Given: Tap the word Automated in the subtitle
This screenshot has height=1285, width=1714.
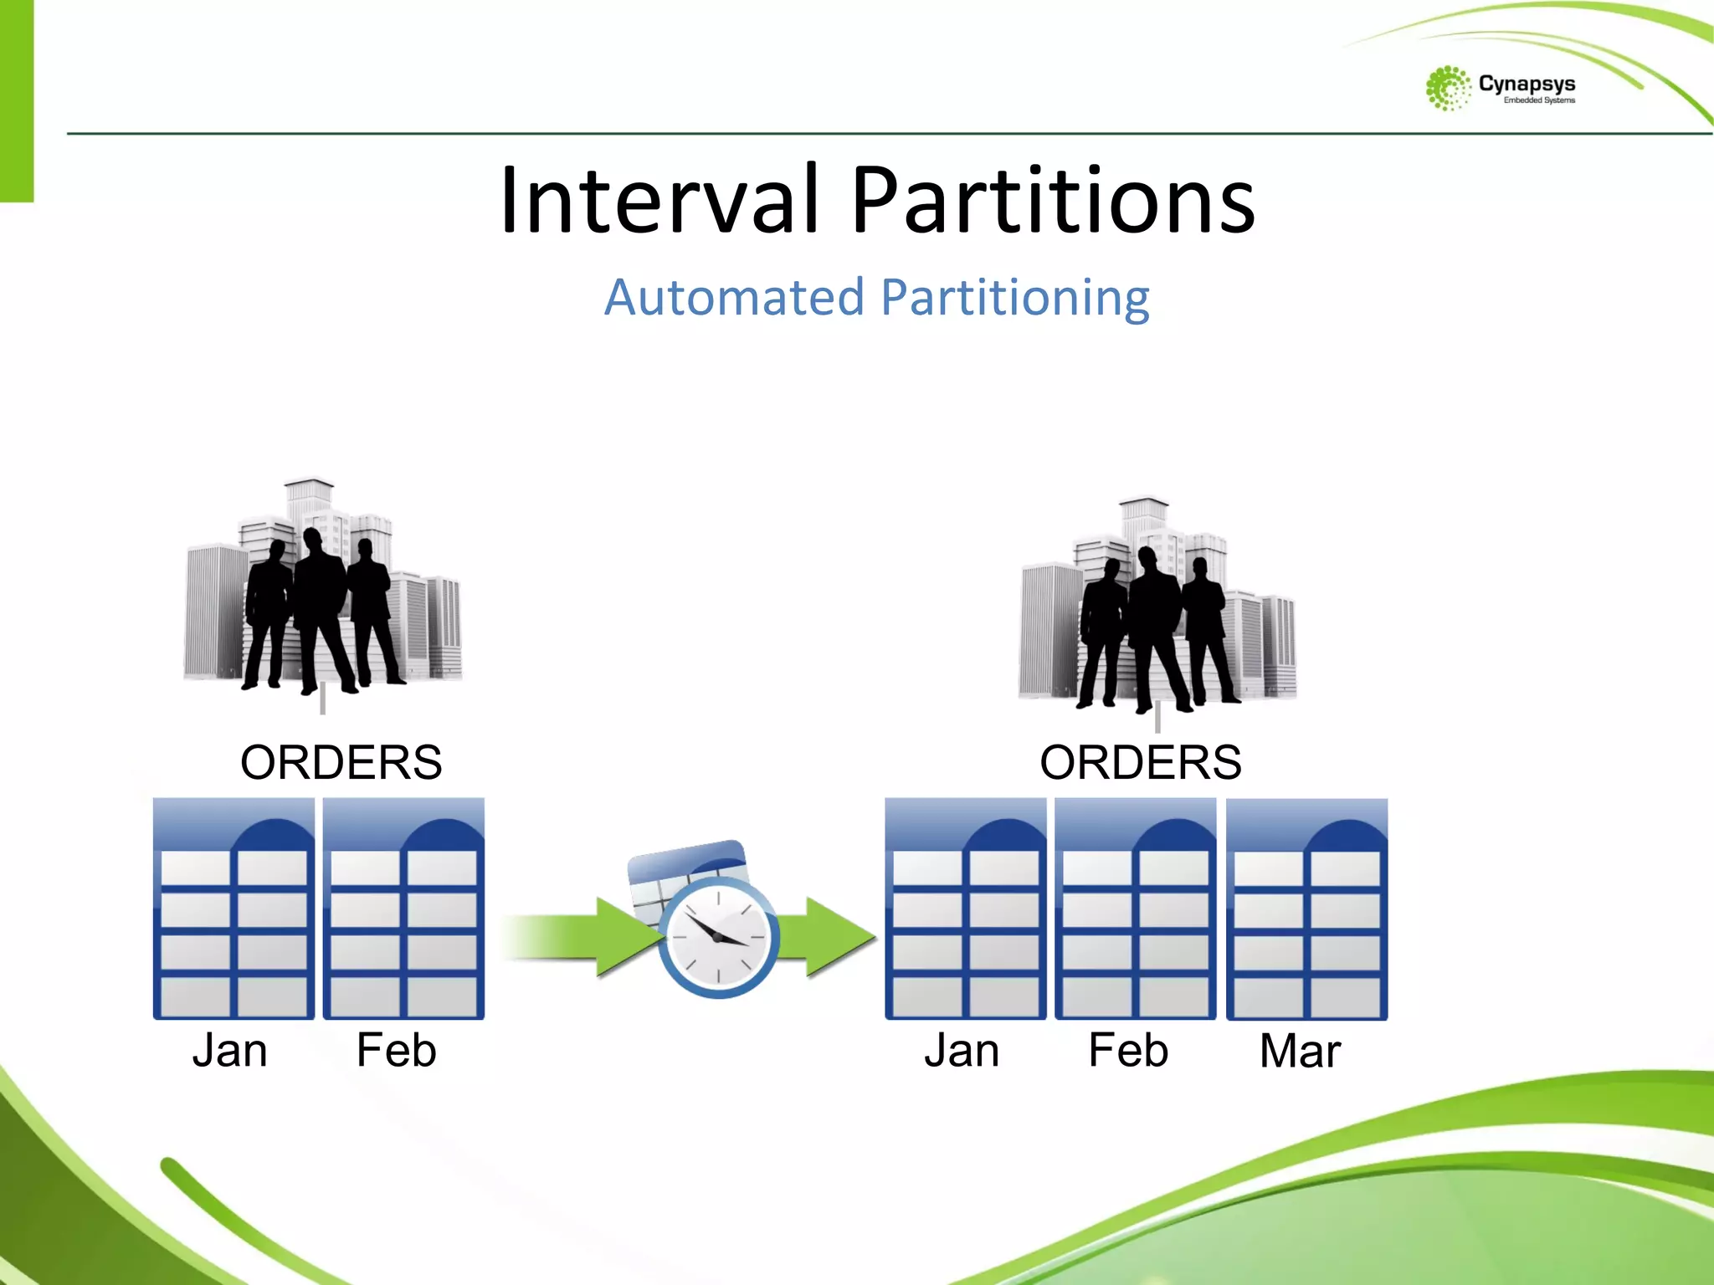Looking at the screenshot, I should [x=734, y=298].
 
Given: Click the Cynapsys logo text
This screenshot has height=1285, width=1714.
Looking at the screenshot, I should [x=1527, y=84].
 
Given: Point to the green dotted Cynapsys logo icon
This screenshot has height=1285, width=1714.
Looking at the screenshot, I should [x=1447, y=88].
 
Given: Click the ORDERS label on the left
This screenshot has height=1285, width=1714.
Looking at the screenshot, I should [x=341, y=762].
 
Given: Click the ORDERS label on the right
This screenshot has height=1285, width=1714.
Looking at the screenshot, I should [x=1140, y=762].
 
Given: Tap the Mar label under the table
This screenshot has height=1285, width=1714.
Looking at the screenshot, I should [x=1300, y=1051].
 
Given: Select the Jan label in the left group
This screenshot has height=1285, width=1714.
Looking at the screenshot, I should [x=229, y=1051].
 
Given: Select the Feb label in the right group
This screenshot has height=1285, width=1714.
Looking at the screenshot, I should [x=1127, y=1051].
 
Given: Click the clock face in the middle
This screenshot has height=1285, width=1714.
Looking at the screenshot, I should [x=718, y=937].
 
